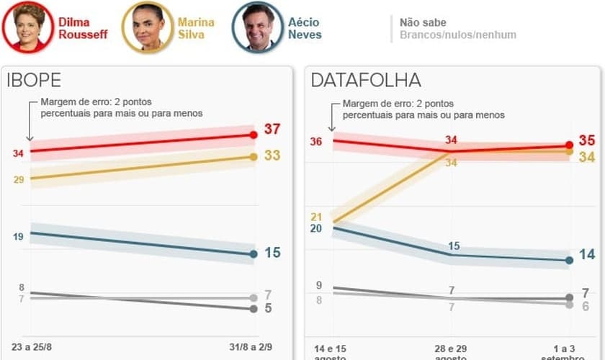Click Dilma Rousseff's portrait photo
pos(28,27)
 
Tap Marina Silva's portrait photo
pos(148,27)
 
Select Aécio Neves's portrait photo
pos(257,27)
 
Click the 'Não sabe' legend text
pos(423,22)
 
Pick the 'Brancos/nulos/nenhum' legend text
pos(457,35)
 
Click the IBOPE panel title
pos(34,80)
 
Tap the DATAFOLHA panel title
pos(366,80)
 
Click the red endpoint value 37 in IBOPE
pos(272,130)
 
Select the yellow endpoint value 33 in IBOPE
pos(272,156)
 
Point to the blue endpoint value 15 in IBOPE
pos(272,253)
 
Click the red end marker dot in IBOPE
pos(253,135)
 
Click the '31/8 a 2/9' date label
pos(251,346)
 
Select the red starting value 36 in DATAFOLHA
pos(316,142)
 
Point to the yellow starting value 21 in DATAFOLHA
pos(316,217)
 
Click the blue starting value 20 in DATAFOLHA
pos(316,228)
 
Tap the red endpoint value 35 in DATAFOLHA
pos(586,141)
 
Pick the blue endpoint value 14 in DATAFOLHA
pos(586,254)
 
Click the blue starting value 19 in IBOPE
pos(18,236)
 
